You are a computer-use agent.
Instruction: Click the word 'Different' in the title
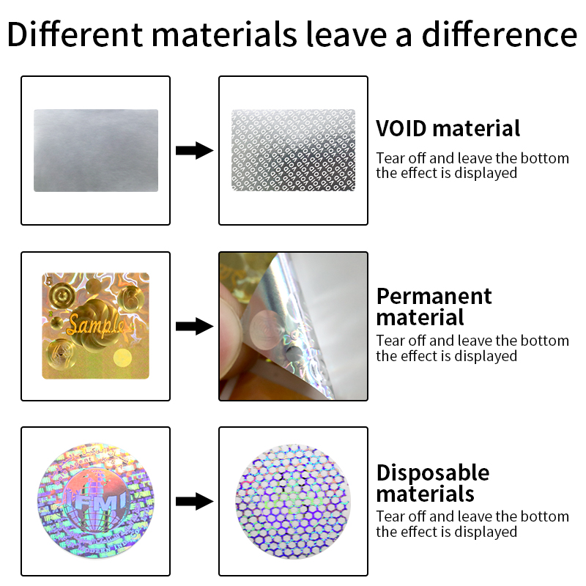75,34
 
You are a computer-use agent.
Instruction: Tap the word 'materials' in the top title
224,34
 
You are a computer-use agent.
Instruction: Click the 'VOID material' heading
448,129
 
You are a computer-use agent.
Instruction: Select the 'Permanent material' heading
434,307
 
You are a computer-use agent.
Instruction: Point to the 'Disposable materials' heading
433,483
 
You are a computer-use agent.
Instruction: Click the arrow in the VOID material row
194,151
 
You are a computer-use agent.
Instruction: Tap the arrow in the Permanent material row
194,326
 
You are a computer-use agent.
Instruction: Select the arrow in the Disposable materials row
194,501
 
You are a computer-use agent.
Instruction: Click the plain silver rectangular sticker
96,151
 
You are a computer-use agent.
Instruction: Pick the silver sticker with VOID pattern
294,150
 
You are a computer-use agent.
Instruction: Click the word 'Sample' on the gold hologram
95,324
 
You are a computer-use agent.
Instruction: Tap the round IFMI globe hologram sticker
96,501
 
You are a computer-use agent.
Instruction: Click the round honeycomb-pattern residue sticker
294,502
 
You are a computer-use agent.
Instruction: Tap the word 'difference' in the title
500,34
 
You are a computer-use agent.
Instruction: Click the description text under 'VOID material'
472,166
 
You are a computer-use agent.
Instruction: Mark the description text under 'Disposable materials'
472,524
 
